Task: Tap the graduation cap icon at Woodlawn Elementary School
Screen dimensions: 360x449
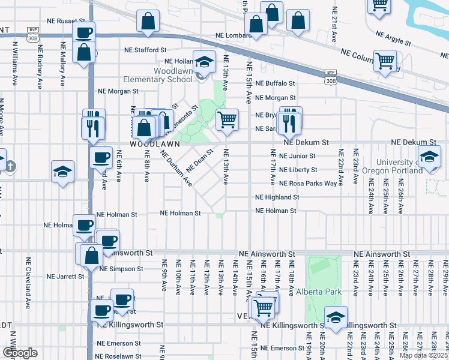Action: [x=204, y=62]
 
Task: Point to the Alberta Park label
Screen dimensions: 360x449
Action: [x=318, y=292]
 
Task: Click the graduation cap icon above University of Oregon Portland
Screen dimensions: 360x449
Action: [x=430, y=157]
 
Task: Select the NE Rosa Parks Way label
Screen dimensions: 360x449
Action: [x=309, y=184]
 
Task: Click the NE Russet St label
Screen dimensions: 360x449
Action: [x=67, y=20]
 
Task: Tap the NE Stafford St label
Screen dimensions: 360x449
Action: [x=145, y=50]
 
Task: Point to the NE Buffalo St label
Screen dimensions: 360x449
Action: [x=275, y=83]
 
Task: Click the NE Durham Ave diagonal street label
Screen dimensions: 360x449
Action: [x=176, y=167]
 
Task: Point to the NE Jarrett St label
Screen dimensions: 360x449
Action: [x=65, y=277]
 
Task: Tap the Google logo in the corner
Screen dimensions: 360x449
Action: [x=20, y=353]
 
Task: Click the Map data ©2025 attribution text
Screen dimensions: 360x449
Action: [x=423, y=356]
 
